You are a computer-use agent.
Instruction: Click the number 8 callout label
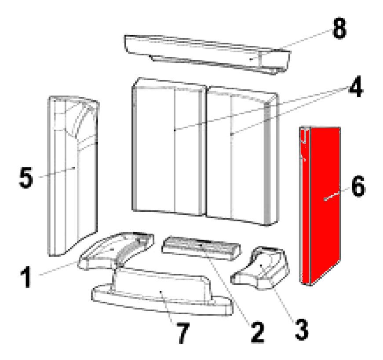pos(339,28)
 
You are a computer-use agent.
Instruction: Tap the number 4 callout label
pos(356,86)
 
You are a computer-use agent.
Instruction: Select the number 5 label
pos(26,177)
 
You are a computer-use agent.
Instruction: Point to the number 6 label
pos(358,186)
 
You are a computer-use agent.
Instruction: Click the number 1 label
pos(26,277)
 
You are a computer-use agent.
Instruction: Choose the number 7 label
pos(183,333)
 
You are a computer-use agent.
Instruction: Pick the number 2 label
pos(257,332)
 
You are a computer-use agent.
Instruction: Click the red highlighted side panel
pos(321,206)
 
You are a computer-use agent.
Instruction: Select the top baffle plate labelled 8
pos(208,55)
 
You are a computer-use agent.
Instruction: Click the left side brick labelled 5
pos(73,176)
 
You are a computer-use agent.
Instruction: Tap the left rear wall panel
pos(169,147)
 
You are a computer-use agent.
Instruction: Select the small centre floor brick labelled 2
pos(201,248)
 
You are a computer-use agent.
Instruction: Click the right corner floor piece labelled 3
pos(261,268)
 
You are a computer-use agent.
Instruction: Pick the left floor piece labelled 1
pos(116,251)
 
